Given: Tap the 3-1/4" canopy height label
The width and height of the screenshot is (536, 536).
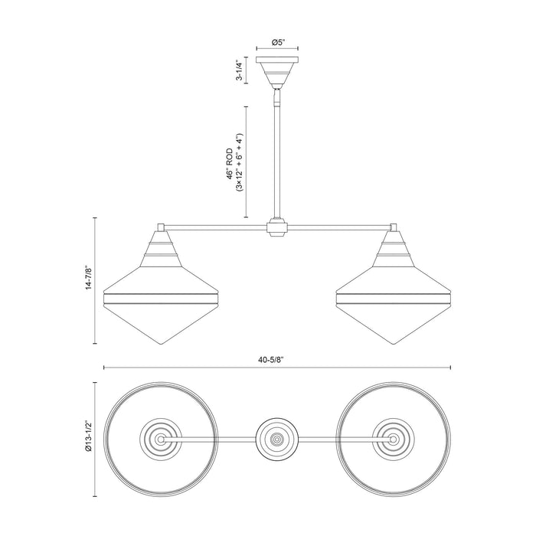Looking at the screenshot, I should click(x=240, y=70).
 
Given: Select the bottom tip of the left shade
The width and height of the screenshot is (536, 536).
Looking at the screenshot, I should click(x=161, y=344).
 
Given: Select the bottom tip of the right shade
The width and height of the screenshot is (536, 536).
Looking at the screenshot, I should click(x=394, y=344).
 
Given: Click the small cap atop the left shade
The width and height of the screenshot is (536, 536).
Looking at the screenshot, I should click(x=161, y=227).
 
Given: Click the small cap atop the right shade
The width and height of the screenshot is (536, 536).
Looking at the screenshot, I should click(x=394, y=227).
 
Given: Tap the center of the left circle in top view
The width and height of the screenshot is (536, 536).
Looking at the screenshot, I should click(x=161, y=440).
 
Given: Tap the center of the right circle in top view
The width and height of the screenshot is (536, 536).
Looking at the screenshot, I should click(x=394, y=440).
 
